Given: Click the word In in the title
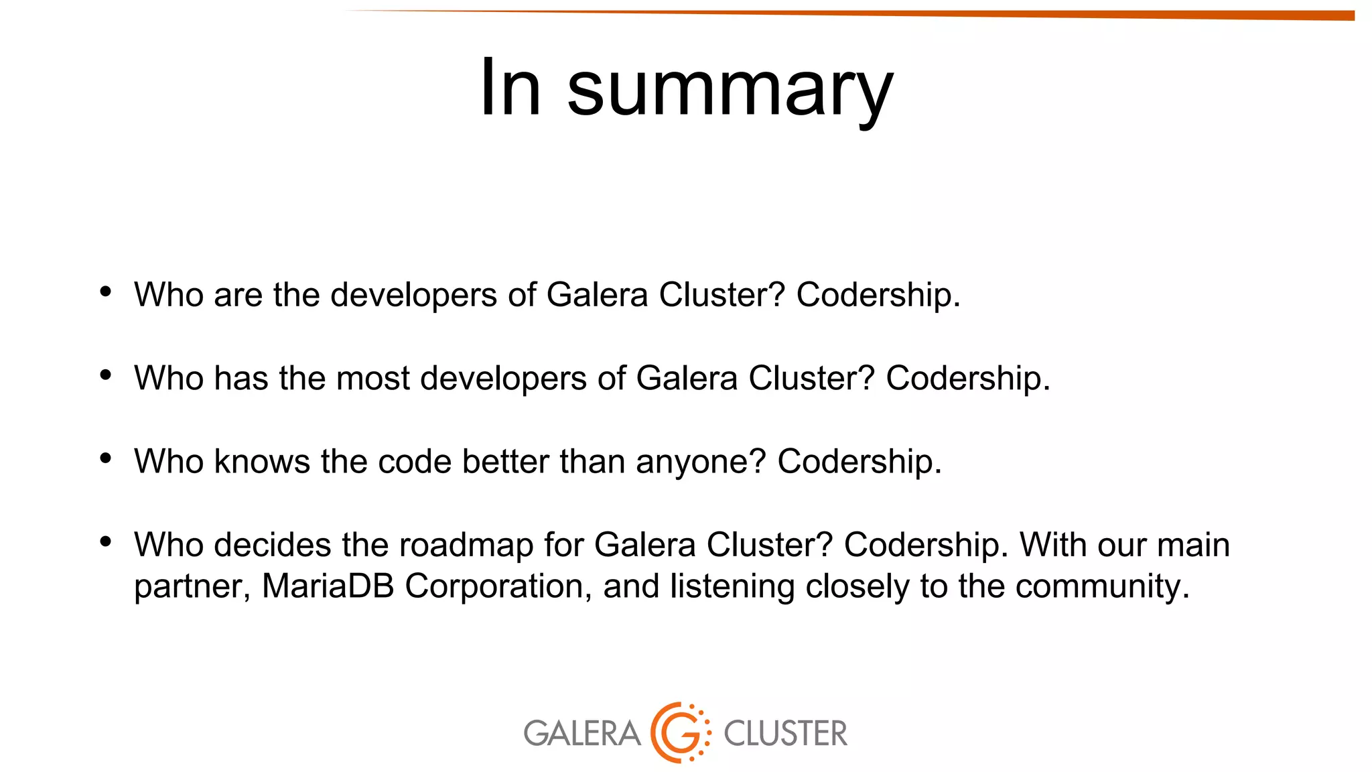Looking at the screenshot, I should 510,88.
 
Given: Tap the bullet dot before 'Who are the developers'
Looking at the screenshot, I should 105,292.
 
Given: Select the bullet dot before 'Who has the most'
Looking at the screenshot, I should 105,375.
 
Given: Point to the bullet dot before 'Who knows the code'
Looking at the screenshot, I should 105,458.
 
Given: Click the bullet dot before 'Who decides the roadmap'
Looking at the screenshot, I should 105,541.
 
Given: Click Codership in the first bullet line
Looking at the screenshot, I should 878,295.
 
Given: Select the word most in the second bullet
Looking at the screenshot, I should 373,379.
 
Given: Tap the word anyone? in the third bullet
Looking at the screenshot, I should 701,462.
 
